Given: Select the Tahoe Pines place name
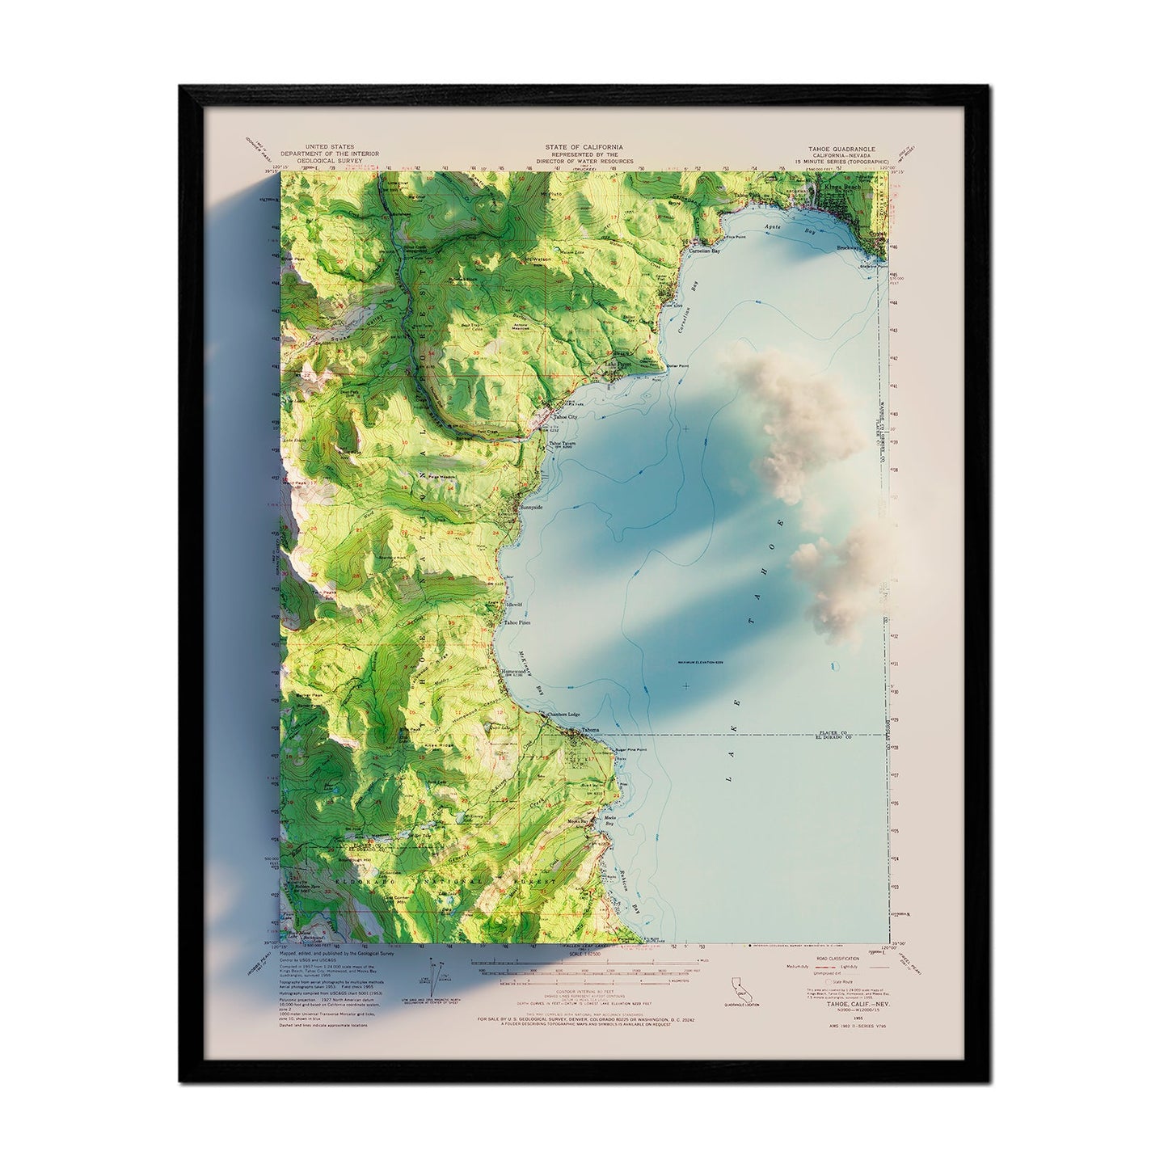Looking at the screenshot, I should coord(521,622).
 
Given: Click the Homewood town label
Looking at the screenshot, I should coord(515,671).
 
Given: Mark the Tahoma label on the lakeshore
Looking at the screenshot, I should coord(591,730).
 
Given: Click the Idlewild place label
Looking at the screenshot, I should coord(515,604).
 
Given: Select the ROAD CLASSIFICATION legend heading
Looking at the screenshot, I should coord(817,959).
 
